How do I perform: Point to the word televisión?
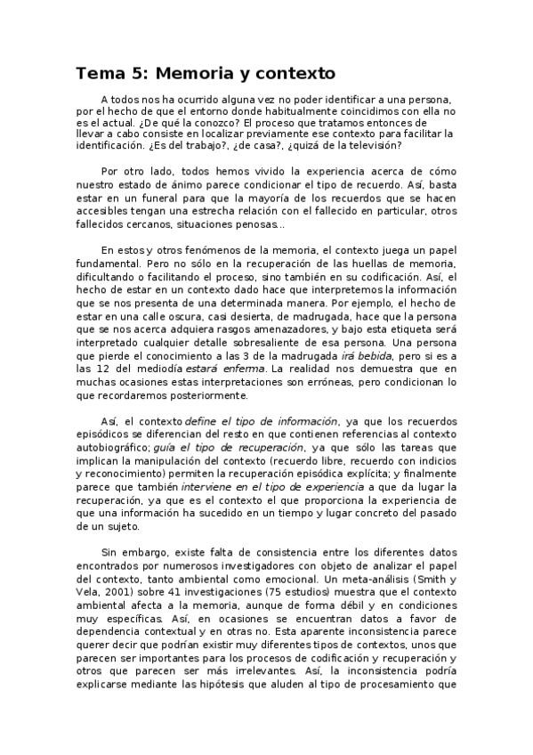click(x=370, y=144)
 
